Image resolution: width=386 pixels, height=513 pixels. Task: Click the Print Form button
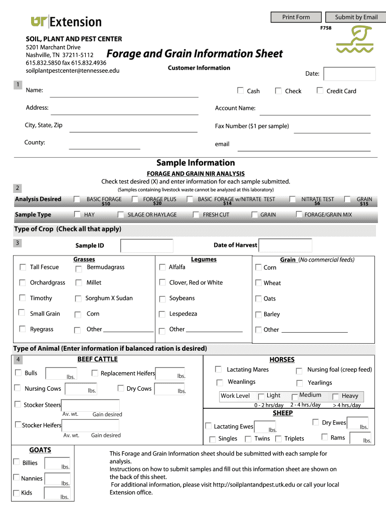[x=296, y=17]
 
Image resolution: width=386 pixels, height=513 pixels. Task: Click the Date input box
[x=349, y=74]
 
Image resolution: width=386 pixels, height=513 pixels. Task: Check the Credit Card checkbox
[x=320, y=91]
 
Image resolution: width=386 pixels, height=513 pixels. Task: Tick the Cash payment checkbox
[x=240, y=91]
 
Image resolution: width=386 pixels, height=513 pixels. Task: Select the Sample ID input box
[x=147, y=245]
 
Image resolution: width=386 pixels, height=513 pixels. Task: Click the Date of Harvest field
[x=285, y=245]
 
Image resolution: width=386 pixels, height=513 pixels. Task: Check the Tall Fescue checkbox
[x=23, y=267]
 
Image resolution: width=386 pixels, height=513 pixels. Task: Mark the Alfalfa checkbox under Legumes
[x=162, y=267]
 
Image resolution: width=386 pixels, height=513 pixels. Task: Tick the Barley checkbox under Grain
[x=258, y=315]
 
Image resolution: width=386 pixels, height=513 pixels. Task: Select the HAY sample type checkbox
[x=77, y=214]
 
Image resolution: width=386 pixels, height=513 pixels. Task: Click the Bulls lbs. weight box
[x=61, y=374]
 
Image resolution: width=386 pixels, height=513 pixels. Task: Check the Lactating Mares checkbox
[x=219, y=369]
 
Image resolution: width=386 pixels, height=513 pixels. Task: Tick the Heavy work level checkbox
[x=335, y=396]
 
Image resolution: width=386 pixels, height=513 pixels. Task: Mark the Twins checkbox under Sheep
[x=248, y=439]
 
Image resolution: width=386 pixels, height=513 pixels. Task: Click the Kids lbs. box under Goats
[x=58, y=493]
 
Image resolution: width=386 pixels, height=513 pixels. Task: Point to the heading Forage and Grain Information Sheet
[x=195, y=54]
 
